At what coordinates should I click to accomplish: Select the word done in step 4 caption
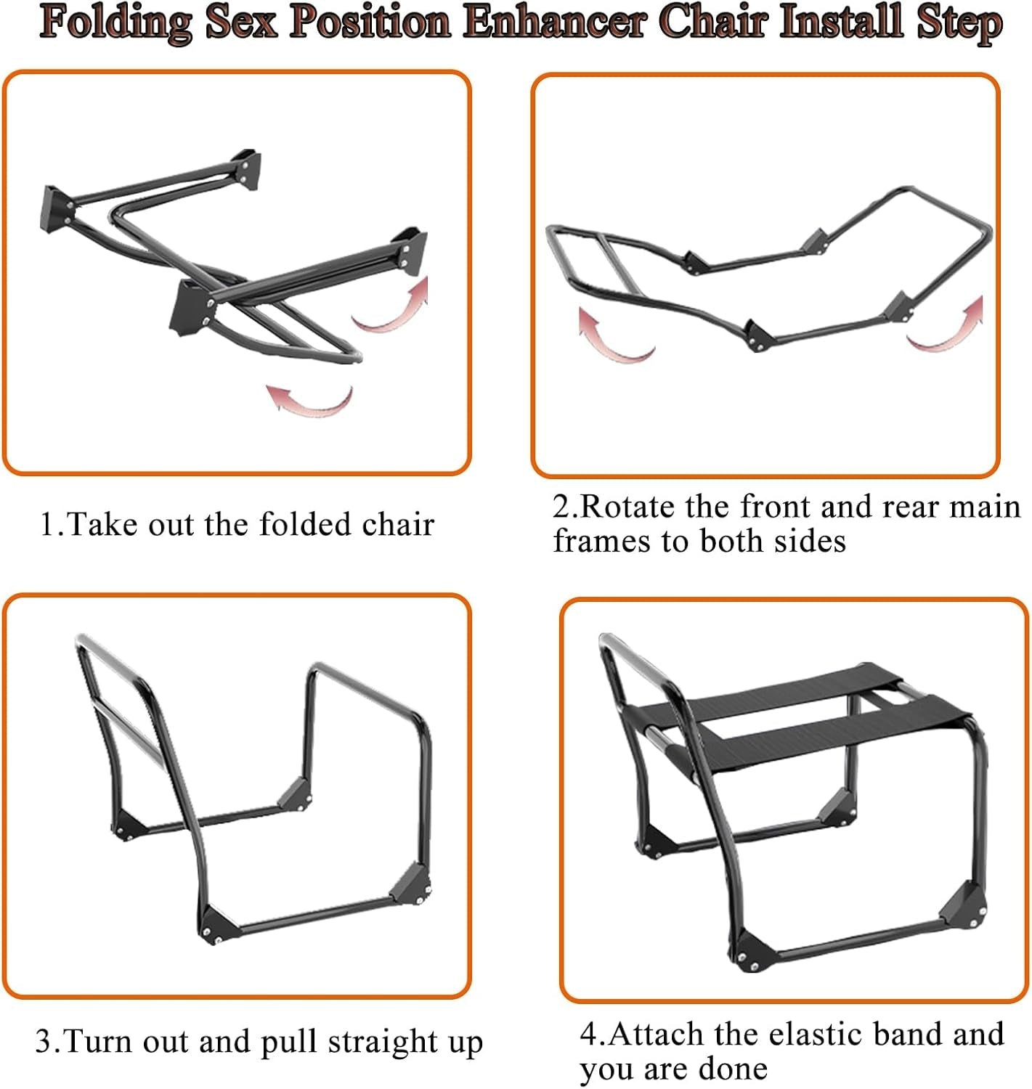coord(733,1069)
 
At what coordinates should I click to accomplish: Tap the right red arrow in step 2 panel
coord(948,325)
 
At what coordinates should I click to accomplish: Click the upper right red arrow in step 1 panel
coord(392,305)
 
